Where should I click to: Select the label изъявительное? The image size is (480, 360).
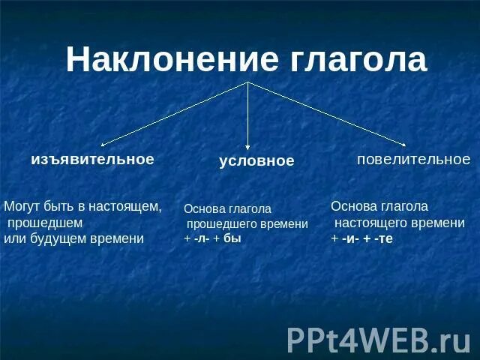[x=92, y=159]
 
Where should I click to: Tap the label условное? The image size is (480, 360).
[x=256, y=161]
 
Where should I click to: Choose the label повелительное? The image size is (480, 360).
[x=413, y=159]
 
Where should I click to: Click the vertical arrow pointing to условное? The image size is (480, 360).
[x=248, y=112]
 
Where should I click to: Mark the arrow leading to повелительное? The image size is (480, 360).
[x=326, y=112]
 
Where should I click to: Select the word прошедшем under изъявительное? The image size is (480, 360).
[x=45, y=223]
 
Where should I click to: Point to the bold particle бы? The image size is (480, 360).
[x=232, y=238]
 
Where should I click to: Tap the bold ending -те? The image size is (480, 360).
[x=382, y=238]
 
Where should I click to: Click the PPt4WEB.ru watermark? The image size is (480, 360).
[x=379, y=339]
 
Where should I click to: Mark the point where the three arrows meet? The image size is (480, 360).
[x=248, y=82]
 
